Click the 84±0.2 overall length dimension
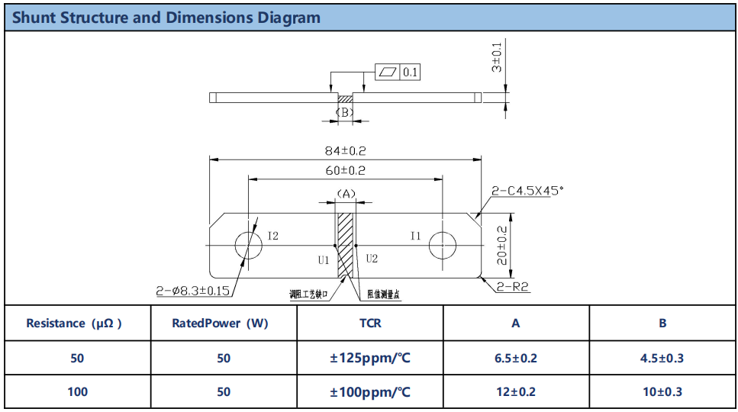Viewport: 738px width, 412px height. pos(345,151)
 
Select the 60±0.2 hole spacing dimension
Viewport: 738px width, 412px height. pos(345,170)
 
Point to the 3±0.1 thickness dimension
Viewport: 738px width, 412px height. pos(497,57)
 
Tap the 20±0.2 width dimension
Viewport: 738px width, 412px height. pos(502,245)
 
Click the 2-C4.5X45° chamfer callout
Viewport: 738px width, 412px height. pos(527,191)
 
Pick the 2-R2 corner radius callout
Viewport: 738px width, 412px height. pos(513,288)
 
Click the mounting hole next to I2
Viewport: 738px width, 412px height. pos(248,245)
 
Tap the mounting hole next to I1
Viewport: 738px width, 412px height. pos(443,245)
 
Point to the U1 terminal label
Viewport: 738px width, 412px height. pos(323,259)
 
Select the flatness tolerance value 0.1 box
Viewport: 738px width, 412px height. pos(410,72)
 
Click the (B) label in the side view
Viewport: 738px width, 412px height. pos(345,112)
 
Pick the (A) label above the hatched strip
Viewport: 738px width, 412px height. pos(346,194)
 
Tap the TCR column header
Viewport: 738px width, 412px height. pos(370,323)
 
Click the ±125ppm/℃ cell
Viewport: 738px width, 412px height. pos(370,358)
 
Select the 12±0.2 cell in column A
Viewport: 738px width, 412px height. pos(516,392)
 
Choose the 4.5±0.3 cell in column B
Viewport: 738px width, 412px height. pos(662,358)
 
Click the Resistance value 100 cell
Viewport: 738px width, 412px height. pos(77,392)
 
